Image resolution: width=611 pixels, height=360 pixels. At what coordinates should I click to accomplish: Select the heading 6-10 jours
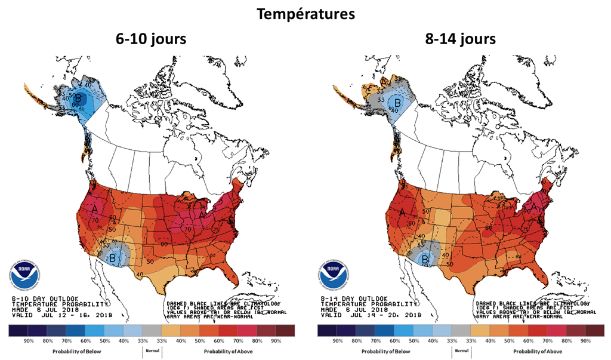(x=151, y=40)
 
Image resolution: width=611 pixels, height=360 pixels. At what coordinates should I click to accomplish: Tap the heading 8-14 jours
(x=461, y=40)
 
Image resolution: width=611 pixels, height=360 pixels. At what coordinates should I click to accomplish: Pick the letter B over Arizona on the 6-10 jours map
(x=112, y=257)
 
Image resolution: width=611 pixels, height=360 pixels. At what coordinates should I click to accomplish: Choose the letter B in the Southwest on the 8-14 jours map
(x=425, y=259)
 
